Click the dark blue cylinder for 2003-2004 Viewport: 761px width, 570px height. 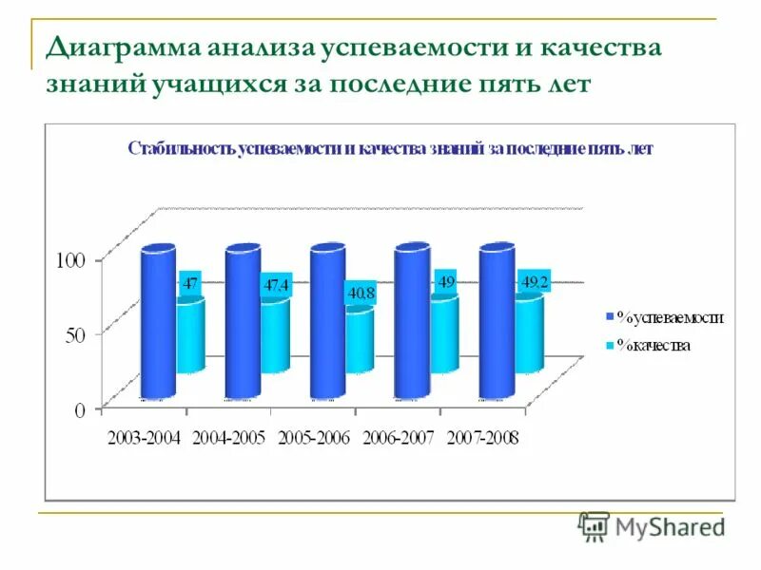point(159,323)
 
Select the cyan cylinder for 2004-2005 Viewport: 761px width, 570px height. point(275,336)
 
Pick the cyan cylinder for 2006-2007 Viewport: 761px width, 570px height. point(444,334)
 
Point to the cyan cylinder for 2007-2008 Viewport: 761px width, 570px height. point(528,334)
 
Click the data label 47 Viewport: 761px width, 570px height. point(191,282)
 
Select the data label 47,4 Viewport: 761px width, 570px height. point(276,284)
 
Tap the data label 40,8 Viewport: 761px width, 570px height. point(361,294)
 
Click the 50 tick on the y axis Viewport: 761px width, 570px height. point(76,334)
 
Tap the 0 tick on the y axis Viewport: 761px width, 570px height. point(81,409)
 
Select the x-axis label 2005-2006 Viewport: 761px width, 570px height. point(315,437)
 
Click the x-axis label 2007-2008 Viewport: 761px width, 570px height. point(482,437)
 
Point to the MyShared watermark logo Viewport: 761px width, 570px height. point(653,525)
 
